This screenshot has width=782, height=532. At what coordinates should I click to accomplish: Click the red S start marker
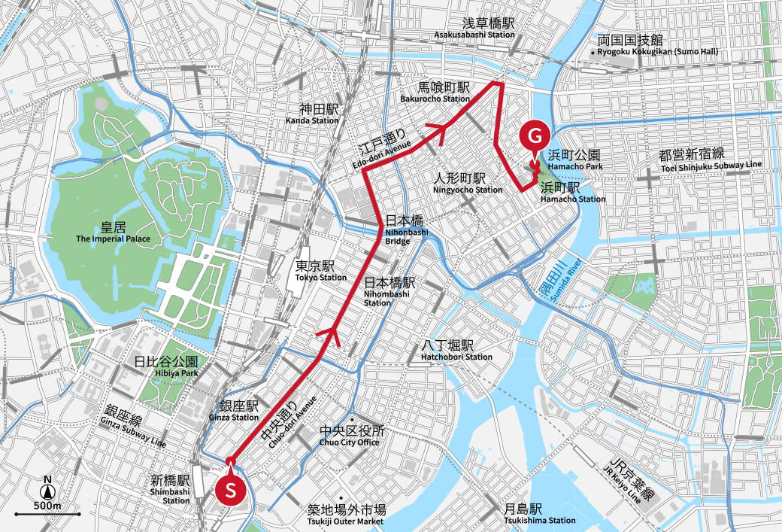click(x=232, y=489)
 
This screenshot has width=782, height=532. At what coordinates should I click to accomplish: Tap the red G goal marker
click(x=533, y=136)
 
